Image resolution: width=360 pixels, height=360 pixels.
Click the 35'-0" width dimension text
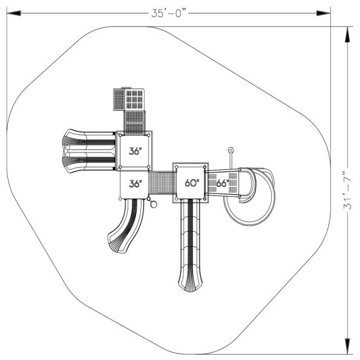point(169,13)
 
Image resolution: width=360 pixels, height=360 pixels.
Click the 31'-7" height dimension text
point(348,190)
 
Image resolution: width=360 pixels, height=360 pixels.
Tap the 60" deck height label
point(192,183)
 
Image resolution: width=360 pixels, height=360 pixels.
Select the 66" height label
point(223,183)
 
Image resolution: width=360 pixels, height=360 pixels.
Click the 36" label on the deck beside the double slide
point(136,151)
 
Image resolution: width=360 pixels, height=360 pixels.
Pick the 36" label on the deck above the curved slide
point(136,184)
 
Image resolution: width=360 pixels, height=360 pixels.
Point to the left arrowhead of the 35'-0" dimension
point(14,13)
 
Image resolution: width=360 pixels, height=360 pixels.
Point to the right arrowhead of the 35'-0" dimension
point(324,13)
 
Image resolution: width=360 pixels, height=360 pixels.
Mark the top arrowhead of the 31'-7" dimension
point(348,34)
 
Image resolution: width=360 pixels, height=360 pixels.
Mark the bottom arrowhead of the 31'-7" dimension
point(348,346)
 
